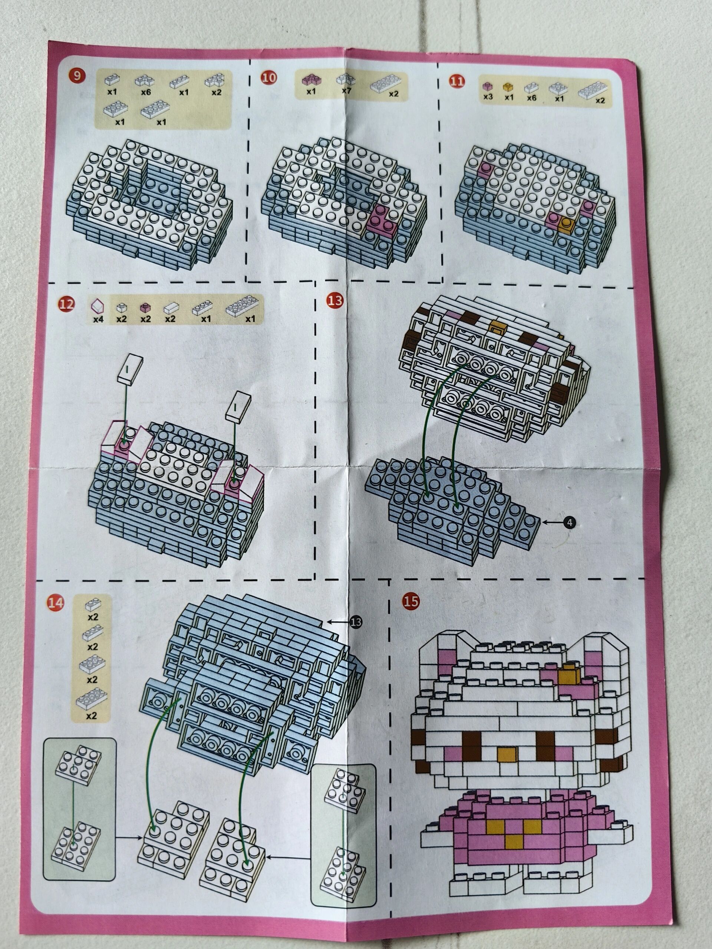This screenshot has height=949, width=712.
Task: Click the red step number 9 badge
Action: click(x=77, y=76)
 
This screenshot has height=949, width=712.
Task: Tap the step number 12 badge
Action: click(x=66, y=304)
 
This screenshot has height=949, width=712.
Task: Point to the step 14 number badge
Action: click(x=55, y=603)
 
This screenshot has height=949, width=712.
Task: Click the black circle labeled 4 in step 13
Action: click(x=569, y=523)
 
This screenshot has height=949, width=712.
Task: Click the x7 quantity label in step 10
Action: click(x=346, y=91)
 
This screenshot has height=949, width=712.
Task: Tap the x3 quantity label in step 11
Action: click(x=488, y=97)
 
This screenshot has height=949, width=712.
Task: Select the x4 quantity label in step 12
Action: click(x=98, y=319)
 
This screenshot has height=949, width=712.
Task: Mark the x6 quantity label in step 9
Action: click(x=145, y=92)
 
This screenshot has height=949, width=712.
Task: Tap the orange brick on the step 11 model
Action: click(x=567, y=223)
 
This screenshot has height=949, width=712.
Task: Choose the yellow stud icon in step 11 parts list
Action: click(x=508, y=87)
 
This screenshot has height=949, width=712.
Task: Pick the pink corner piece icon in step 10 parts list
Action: click(x=310, y=79)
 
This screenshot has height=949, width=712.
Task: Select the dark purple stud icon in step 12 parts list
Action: click(x=145, y=308)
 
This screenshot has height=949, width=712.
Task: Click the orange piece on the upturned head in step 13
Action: click(x=497, y=328)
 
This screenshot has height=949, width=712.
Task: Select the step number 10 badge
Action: click(x=269, y=77)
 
